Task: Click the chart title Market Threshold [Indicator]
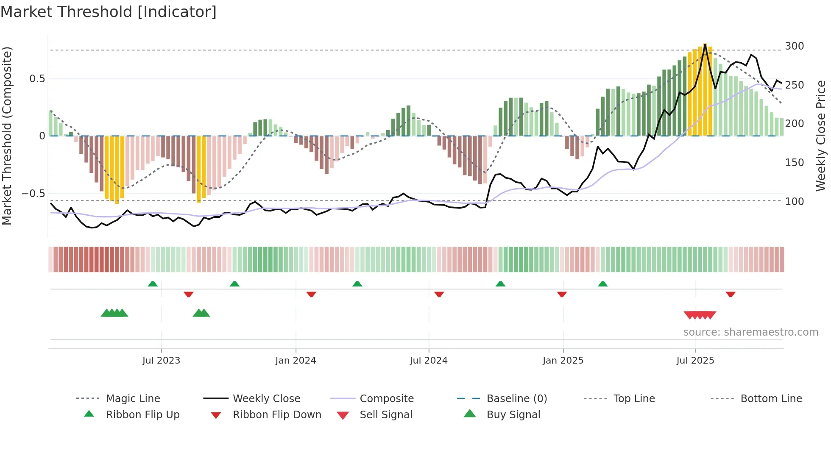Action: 109,12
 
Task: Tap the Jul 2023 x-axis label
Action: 161,361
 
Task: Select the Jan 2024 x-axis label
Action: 296,361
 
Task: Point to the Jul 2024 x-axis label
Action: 429,361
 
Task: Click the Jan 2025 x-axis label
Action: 563,361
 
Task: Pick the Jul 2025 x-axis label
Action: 695,361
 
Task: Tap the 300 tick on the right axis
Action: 795,46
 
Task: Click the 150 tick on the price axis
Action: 795,162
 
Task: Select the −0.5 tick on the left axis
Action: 33,194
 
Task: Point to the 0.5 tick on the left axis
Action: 37,78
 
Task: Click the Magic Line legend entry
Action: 133,399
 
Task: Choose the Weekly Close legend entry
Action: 266,399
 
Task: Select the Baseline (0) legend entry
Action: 516,399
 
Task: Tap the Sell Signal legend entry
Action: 386,415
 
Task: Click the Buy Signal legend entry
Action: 513,415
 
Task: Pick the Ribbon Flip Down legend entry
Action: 277,415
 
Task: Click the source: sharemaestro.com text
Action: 750,332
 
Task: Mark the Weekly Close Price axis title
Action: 821,136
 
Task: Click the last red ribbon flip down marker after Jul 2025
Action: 731,294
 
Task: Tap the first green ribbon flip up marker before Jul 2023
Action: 153,284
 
